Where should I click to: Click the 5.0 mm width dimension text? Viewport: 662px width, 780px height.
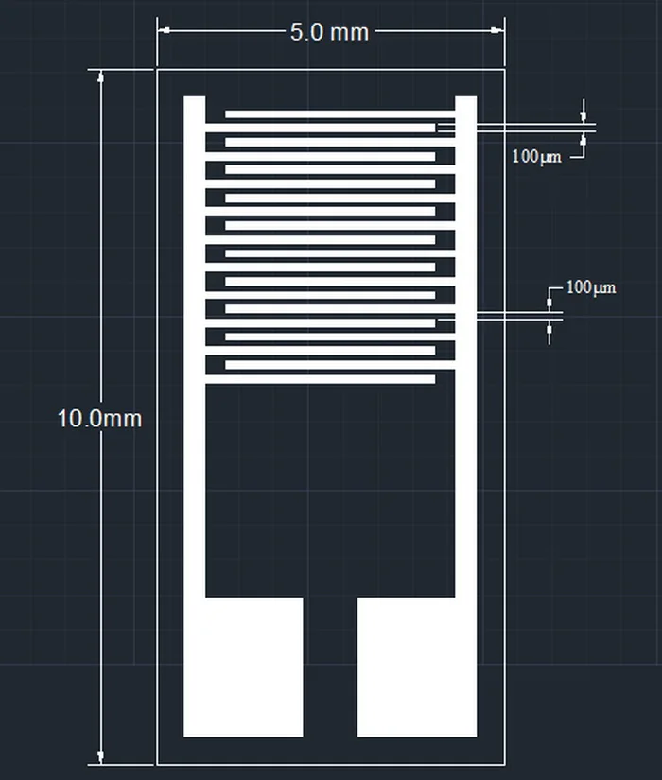329,31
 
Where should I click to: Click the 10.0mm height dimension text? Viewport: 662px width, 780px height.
99,418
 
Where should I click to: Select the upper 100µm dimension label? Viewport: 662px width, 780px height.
536,156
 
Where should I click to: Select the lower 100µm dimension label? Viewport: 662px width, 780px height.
590,286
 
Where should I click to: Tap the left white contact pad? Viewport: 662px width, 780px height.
243,667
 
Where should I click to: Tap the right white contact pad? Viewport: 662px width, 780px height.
417,667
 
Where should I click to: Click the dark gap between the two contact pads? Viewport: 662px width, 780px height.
330,667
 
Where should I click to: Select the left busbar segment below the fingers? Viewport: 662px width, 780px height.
194,492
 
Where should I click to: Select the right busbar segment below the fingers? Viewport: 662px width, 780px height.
466,492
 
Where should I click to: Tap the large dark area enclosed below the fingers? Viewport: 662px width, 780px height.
330,492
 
